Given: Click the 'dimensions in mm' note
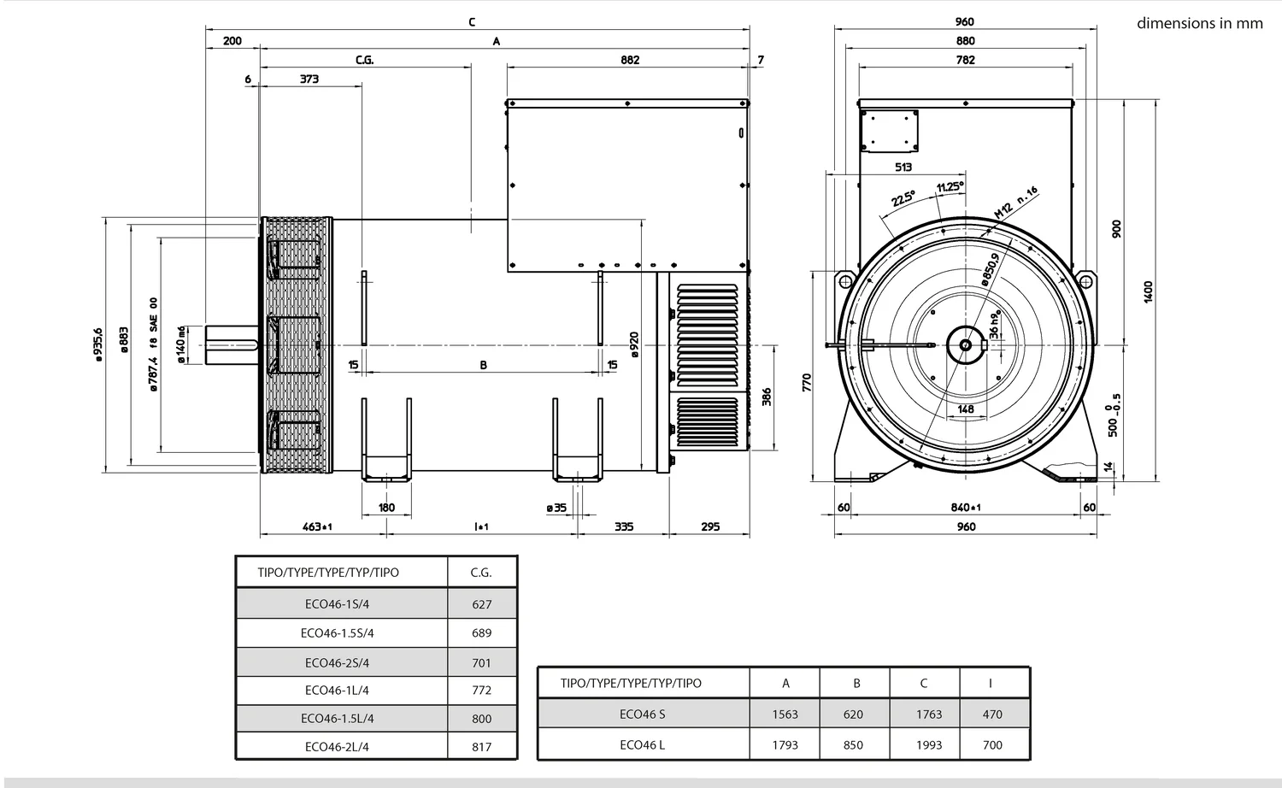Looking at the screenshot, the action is pyautogui.click(x=1200, y=23).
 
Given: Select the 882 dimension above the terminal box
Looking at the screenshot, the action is pyautogui.click(x=630, y=60).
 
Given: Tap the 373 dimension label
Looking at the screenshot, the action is pyautogui.click(x=309, y=79).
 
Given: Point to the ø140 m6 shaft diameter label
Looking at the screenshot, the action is pyautogui.click(x=181, y=344).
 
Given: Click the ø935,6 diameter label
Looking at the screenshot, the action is pyautogui.click(x=98, y=344).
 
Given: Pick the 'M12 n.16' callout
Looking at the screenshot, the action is pyautogui.click(x=1016, y=203).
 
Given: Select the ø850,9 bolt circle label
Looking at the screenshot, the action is pyautogui.click(x=990, y=269).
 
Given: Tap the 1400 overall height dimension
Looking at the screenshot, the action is pyautogui.click(x=1148, y=291).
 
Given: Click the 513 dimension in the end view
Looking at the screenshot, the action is pyautogui.click(x=903, y=168).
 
